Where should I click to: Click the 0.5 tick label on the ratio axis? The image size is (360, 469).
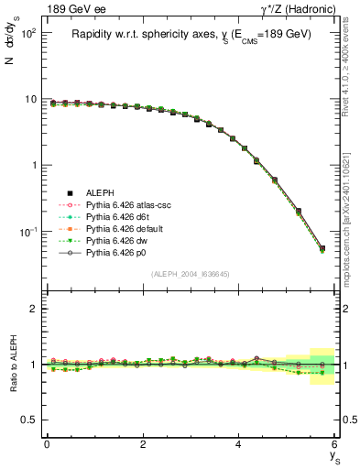pos(28,420)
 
